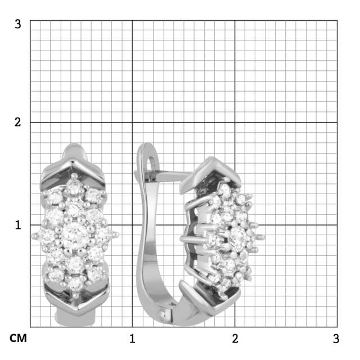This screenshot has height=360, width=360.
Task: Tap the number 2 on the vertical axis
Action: [x=18, y=122]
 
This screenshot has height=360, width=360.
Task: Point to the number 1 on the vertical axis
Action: [x=18, y=224]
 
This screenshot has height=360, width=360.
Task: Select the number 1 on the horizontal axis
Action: [x=132, y=339]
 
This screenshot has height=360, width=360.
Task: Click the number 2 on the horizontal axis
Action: [x=235, y=339]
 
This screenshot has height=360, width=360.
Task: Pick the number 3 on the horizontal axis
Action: [x=336, y=339]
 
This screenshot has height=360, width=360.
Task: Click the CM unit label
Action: [x=18, y=339]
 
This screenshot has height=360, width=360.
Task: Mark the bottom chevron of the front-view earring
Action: [x=74, y=307]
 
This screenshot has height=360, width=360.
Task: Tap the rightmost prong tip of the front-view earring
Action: [x=117, y=235]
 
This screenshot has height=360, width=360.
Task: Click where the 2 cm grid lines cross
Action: [x=235, y=122]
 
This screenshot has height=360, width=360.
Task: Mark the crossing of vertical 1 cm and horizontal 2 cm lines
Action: [x=132, y=122]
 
